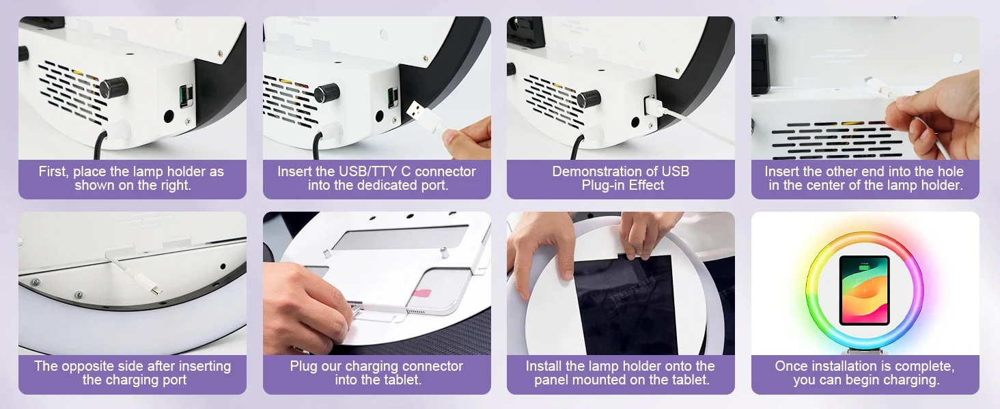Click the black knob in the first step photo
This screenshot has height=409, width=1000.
click(x=113, y=87)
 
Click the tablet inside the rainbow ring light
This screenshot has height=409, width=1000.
click(x=864, y=290)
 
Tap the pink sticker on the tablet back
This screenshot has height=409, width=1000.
click(x=421, y=294)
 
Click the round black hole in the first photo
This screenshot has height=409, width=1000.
click(x=169, y=116)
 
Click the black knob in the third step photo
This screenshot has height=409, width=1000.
click(x=589, y=98)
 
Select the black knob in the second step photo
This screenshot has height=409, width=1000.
click(x=327, y=93)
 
